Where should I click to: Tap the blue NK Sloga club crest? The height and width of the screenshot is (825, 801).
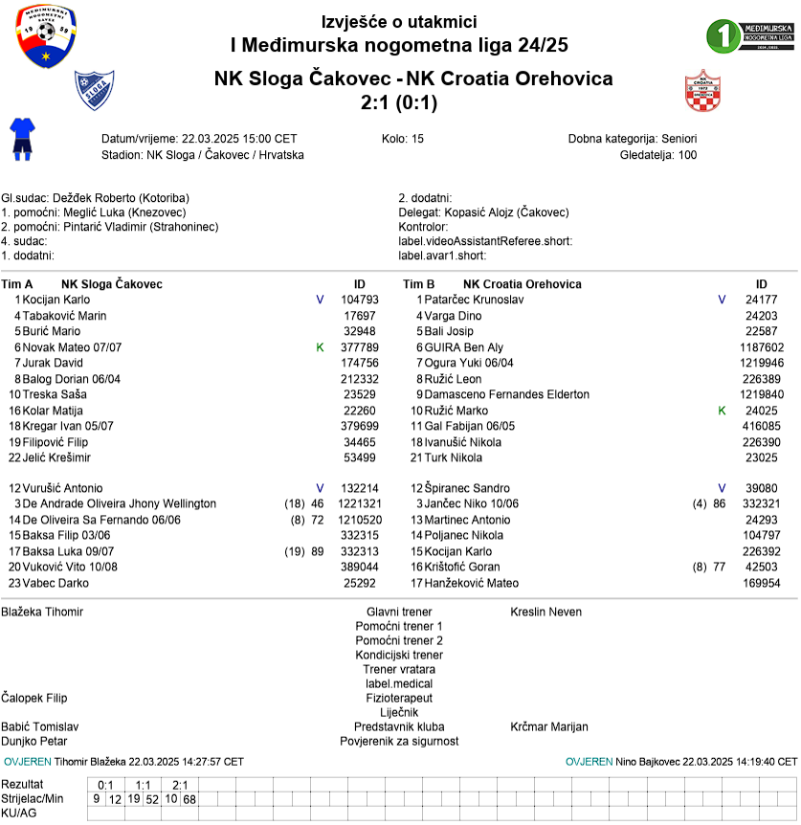(x=94, y=91)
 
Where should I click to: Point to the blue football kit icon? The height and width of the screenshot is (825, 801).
(x=21, y=137)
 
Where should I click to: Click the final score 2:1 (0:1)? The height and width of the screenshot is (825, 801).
(x=399, y=101)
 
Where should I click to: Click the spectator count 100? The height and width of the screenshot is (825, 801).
(x=687, y=154)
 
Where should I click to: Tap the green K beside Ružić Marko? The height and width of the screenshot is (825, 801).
(x=723, y=410)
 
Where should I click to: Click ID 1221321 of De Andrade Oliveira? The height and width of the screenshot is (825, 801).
(x=360, y=503)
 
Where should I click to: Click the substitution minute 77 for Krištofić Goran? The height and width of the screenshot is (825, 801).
(x=719, y=567)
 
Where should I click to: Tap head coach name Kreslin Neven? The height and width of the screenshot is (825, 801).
(x=545, y=612)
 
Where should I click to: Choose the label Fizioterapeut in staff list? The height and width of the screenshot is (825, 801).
(x=399, y=698)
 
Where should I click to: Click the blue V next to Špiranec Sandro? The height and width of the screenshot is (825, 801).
(x=723, y=488)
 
